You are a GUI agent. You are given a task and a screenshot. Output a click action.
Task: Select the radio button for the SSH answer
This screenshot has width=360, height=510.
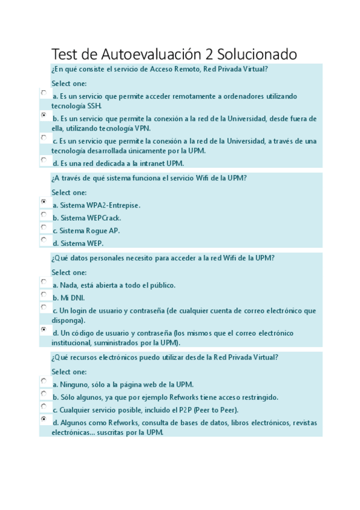44,93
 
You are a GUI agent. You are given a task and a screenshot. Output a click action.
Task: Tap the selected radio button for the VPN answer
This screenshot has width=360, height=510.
44,115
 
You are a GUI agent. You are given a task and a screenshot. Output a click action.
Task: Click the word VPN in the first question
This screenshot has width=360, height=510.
142,128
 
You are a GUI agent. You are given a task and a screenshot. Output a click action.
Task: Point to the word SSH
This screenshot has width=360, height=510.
94,106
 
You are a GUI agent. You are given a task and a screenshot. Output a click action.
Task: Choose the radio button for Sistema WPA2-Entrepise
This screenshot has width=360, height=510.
44,201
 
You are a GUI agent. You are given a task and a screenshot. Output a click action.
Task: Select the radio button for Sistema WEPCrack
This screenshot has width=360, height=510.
44,214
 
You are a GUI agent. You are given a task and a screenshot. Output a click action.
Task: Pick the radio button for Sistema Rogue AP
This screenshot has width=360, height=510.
44,227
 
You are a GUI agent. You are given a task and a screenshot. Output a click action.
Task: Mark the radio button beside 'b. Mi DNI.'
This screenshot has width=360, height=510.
44,295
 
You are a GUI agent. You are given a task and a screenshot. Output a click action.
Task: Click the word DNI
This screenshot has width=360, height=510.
78,298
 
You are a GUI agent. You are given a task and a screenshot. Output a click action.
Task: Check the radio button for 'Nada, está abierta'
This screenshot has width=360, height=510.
44,281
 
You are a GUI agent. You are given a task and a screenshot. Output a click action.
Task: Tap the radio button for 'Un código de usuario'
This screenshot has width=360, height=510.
44,330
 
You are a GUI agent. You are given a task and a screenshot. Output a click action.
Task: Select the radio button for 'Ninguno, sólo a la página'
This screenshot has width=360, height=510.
44,381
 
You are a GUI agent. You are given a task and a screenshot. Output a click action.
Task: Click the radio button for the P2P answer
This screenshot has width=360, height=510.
44,407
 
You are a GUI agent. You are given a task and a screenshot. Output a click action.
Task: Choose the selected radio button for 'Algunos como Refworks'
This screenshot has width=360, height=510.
44,419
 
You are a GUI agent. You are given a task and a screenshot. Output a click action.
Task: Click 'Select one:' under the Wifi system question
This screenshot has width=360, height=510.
69,192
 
